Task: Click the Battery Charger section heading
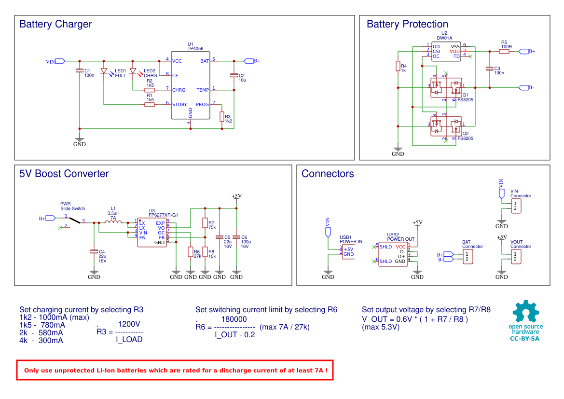click(x=55, y=24)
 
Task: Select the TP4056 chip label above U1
click(x=195, y=49)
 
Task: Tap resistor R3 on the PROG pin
click(x=222, y=116)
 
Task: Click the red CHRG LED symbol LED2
click(x=133, y=71)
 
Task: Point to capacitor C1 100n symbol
click(x=80, y=71)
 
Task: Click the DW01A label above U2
click(x=444, y=38)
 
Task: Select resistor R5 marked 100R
click(x=504, y=51)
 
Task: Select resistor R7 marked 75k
click(x=205, y=223)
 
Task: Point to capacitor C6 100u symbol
click(x=236, y=237)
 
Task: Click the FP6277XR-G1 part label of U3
click(x=164, y=215)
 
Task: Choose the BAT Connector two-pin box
click(x=467, y=257)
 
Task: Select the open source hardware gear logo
click(x=525, y=312)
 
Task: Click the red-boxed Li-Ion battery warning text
click(x=176, y=371)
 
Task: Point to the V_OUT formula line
click(x=415, y=319)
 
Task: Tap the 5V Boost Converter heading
click(x=64, y=174)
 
